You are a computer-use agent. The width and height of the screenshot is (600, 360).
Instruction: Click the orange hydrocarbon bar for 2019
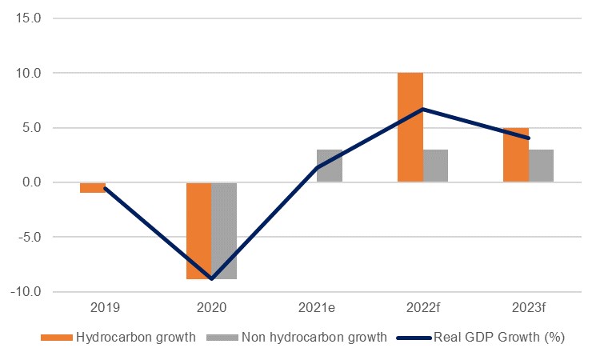point(93,187)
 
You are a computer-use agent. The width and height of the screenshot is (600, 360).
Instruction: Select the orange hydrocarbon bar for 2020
point(198,230)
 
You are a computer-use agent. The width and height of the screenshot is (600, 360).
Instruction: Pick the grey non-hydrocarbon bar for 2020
point(224,230)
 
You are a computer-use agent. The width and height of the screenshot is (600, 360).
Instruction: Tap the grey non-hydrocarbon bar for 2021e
point(330,166)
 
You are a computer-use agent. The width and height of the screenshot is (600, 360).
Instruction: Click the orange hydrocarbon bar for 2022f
point(410,127)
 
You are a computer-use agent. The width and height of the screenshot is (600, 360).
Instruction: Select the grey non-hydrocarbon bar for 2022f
point(435,166)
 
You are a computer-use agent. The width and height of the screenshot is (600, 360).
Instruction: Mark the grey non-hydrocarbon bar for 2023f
point(541,166)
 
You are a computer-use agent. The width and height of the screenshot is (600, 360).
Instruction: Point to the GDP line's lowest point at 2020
point(212,278)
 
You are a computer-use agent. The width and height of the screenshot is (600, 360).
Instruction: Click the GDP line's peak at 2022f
point(423,109)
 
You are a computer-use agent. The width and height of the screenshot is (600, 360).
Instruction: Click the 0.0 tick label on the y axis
point(31,182)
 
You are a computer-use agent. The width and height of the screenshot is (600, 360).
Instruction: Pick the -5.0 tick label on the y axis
point(28,237)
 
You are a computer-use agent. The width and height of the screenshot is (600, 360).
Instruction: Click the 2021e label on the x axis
point(318,307)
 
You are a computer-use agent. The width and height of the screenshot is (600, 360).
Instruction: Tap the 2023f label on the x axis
point(529,307)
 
